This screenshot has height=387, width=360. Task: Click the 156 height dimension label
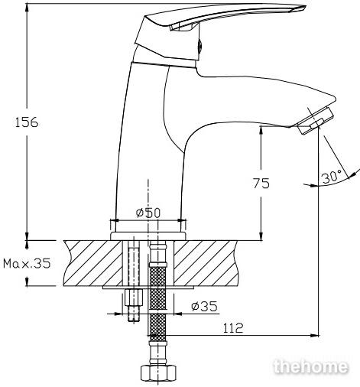[27, 122]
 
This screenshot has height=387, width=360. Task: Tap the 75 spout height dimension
[261, 183]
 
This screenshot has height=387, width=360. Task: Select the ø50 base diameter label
[148, 213]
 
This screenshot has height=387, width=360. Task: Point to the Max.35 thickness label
[27, 263]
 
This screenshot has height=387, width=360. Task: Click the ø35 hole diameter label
[205, 307]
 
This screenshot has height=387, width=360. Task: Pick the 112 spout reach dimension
[233, 328]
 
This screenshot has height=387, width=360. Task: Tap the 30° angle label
[331, 177]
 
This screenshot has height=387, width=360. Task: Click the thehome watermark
[310, 366]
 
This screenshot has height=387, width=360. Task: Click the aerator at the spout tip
[316, 121]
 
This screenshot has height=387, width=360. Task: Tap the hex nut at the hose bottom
[158, 373]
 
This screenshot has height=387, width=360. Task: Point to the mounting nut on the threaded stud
[134, 298]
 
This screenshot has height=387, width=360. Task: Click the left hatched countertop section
[93, 263]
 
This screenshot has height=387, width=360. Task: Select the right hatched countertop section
[206, 263]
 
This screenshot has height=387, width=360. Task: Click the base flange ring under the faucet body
[148, 236]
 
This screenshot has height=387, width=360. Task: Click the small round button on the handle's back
[200, 46]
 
